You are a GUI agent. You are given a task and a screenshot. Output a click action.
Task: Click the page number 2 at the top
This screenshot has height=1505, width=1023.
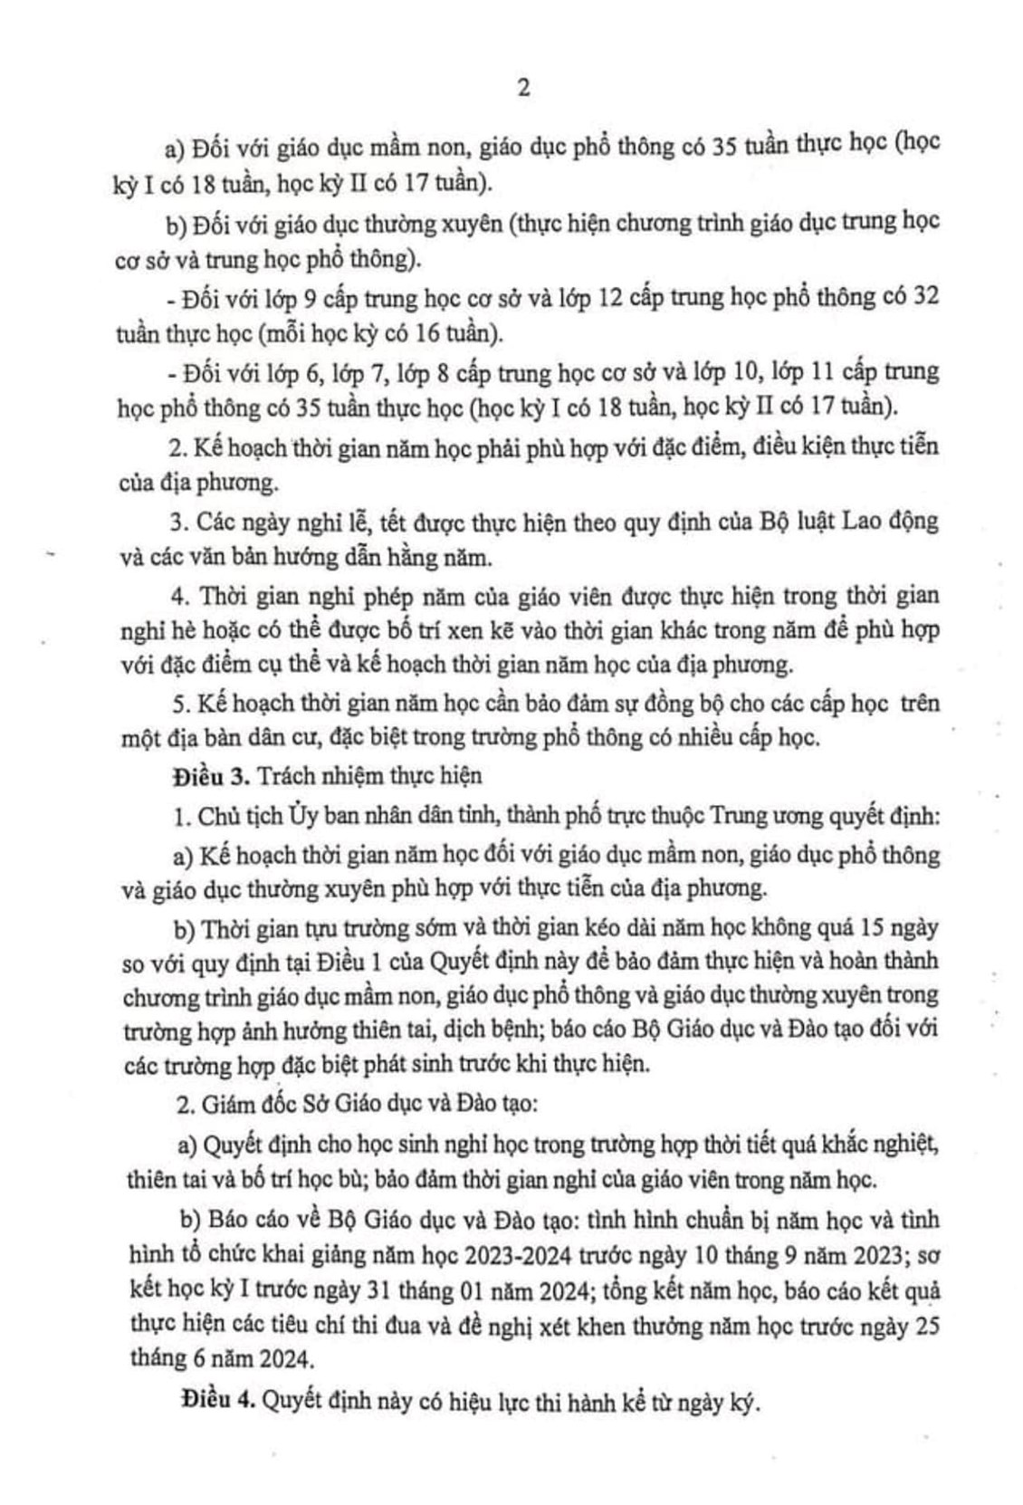click(522, 88)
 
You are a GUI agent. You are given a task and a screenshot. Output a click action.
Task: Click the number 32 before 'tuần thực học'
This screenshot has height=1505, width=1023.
click(922, 296)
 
